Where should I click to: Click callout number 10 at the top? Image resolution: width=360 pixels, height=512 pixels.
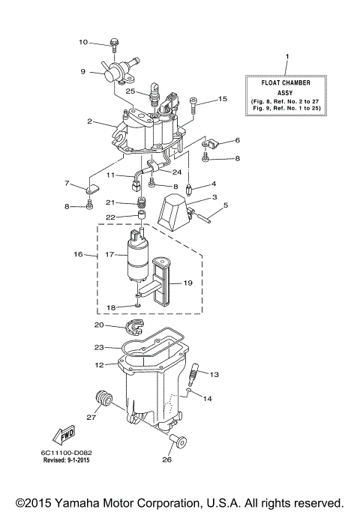[x=83, y=42]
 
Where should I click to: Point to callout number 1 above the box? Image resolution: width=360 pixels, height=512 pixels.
[x=286, y=57]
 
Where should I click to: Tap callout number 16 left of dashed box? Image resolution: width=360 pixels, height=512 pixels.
[x=78, y=255]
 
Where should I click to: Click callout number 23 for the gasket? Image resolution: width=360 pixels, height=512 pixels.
[x=98, y=348]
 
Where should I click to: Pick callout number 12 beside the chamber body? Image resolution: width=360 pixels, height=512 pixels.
[x=98, y=365]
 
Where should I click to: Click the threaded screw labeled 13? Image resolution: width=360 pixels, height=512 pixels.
[x=196, y=373]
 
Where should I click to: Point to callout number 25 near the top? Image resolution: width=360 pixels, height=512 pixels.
[x=130, y=91]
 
